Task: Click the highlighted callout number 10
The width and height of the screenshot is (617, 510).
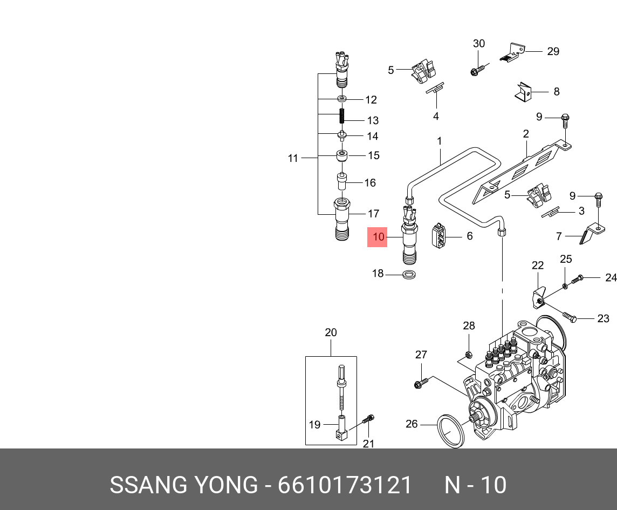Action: [x=378, y=237]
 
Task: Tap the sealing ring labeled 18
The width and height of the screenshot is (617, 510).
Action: [x=410, y=274]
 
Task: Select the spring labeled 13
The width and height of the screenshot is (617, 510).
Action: [x=342, y=117]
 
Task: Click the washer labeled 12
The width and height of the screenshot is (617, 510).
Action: [x=342, y=98]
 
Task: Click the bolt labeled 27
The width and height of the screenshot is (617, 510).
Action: [x=421, y=383]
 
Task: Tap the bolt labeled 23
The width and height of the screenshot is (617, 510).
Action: [x=570, y=316]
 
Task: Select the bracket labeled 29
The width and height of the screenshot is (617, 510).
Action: [x=511, y=53]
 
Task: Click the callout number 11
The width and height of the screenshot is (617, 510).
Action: [x=293, y=158]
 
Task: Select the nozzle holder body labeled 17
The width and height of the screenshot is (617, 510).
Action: [x=341, y=219]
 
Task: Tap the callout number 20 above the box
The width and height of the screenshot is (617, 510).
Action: [x=331, y=332]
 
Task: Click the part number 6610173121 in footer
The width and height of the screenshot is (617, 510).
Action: [x=345, y=485]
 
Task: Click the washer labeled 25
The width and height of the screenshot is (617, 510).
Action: [x=565, y=285]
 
